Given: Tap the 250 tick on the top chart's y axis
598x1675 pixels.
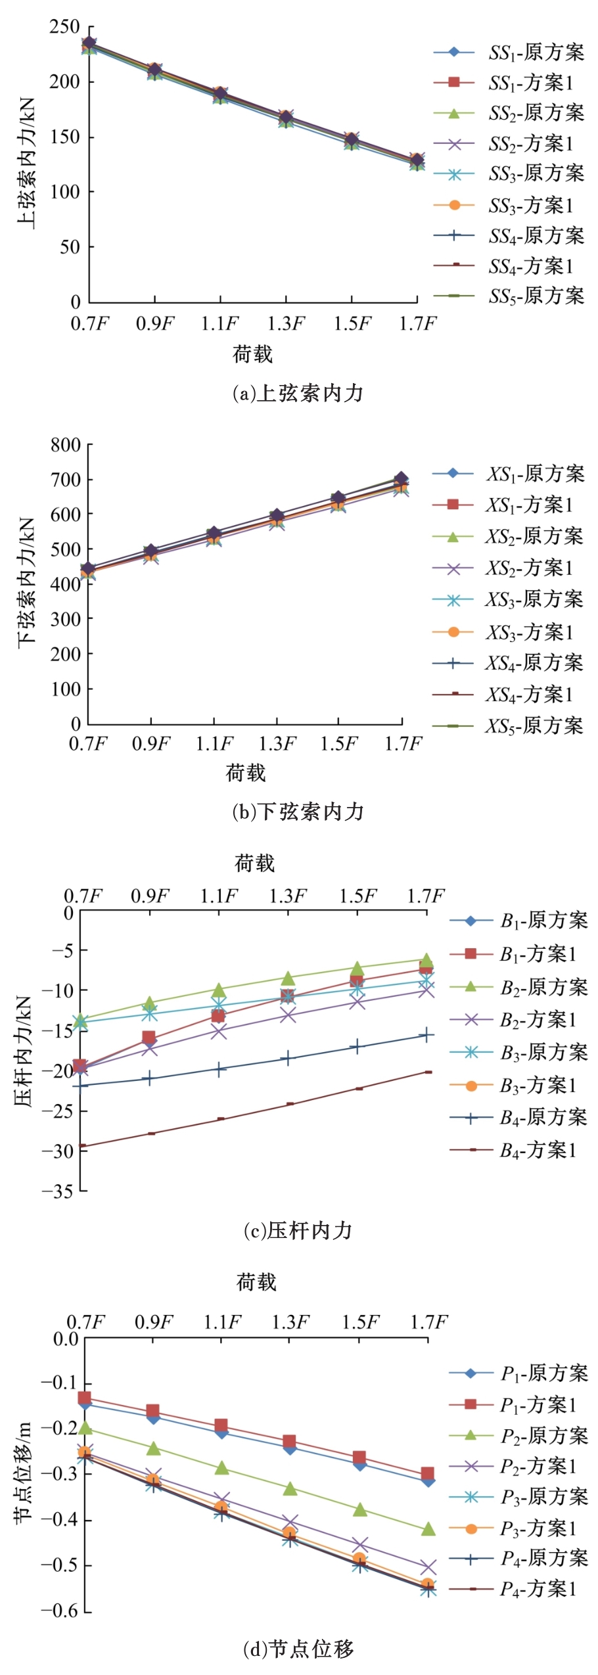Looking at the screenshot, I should (64, 28).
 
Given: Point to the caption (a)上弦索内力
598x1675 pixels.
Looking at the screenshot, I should (298, 393).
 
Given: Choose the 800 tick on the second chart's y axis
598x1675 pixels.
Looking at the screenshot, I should (66, 446).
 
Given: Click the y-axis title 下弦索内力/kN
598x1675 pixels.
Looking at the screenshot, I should (26, 582).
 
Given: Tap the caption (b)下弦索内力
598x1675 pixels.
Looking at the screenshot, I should (298, 812).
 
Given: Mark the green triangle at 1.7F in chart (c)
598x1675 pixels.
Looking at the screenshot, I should (426, 960).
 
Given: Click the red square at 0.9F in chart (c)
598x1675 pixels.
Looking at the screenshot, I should (149, 1038).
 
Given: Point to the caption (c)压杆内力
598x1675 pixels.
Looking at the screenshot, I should (298, 1230).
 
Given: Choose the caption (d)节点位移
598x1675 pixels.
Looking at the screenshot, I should (298, 1648).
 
